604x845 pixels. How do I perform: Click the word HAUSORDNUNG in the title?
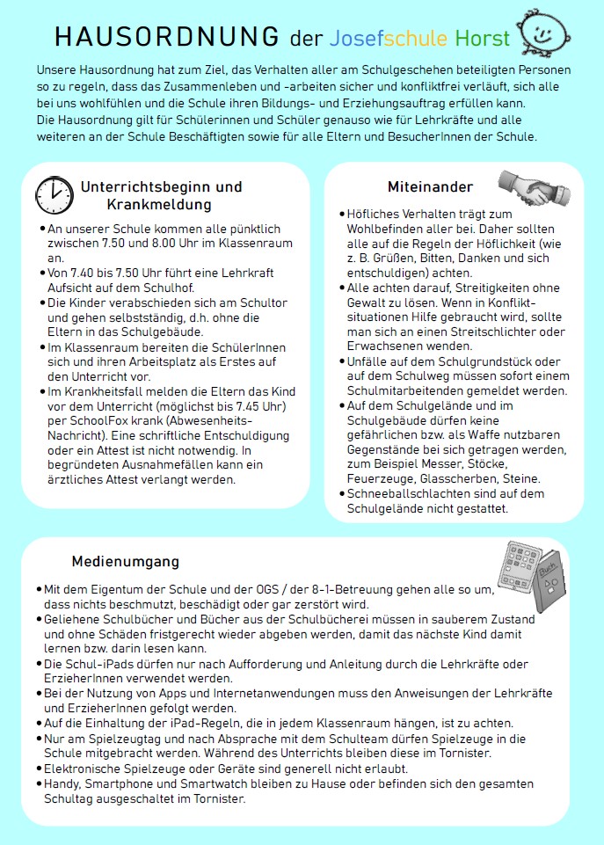pyautogui.click(x=167, y=37)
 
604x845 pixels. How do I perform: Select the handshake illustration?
pyautogui.click(x=524, y=186)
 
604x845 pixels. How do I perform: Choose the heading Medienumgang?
pyautogui.click(x=125, y=561)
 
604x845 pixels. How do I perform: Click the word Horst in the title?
pyautogui.click(x=483, y=39)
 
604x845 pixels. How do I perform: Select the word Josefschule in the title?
pyautogui.click(x=389, y=39)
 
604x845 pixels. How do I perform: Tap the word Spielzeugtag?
pyautogui.click(x=118, y=738)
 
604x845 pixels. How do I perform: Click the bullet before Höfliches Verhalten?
pyautogui.click(x=342, y=215)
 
